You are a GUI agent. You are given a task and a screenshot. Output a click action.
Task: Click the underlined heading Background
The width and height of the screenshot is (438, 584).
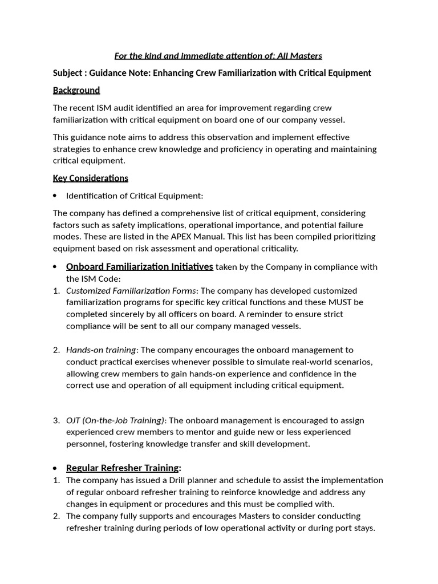[76, 90]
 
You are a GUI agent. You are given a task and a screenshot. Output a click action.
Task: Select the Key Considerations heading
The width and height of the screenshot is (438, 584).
[91, 178]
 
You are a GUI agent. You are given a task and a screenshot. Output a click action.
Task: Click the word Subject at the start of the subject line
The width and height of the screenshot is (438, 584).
[68, 73]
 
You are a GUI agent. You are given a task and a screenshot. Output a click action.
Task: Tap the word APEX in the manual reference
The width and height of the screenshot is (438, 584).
[180, 237]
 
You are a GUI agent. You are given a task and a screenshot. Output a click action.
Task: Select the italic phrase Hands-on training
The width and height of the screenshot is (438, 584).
[101, 350]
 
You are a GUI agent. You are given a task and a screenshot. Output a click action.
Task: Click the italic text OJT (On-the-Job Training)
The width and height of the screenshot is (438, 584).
[115, 420]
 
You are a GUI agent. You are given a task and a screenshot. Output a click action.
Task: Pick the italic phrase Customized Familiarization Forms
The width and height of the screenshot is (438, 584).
[131, 291]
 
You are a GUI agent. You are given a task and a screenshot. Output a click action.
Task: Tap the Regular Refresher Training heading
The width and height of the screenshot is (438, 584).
[122, 468]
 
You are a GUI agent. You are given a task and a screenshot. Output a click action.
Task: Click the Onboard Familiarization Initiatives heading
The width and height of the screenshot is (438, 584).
[139, 267]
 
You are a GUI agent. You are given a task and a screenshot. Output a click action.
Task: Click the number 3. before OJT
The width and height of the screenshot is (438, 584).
[56, 420]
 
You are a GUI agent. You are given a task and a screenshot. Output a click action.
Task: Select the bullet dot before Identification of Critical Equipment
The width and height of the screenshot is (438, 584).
[55, 196]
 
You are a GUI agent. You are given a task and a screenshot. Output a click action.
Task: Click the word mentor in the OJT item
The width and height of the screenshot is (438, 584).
[184, 432]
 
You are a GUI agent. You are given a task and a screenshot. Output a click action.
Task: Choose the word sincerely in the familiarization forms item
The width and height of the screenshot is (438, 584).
[128, 314]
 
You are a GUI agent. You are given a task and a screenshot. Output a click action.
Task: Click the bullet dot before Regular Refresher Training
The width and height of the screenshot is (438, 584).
[55, 468]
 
